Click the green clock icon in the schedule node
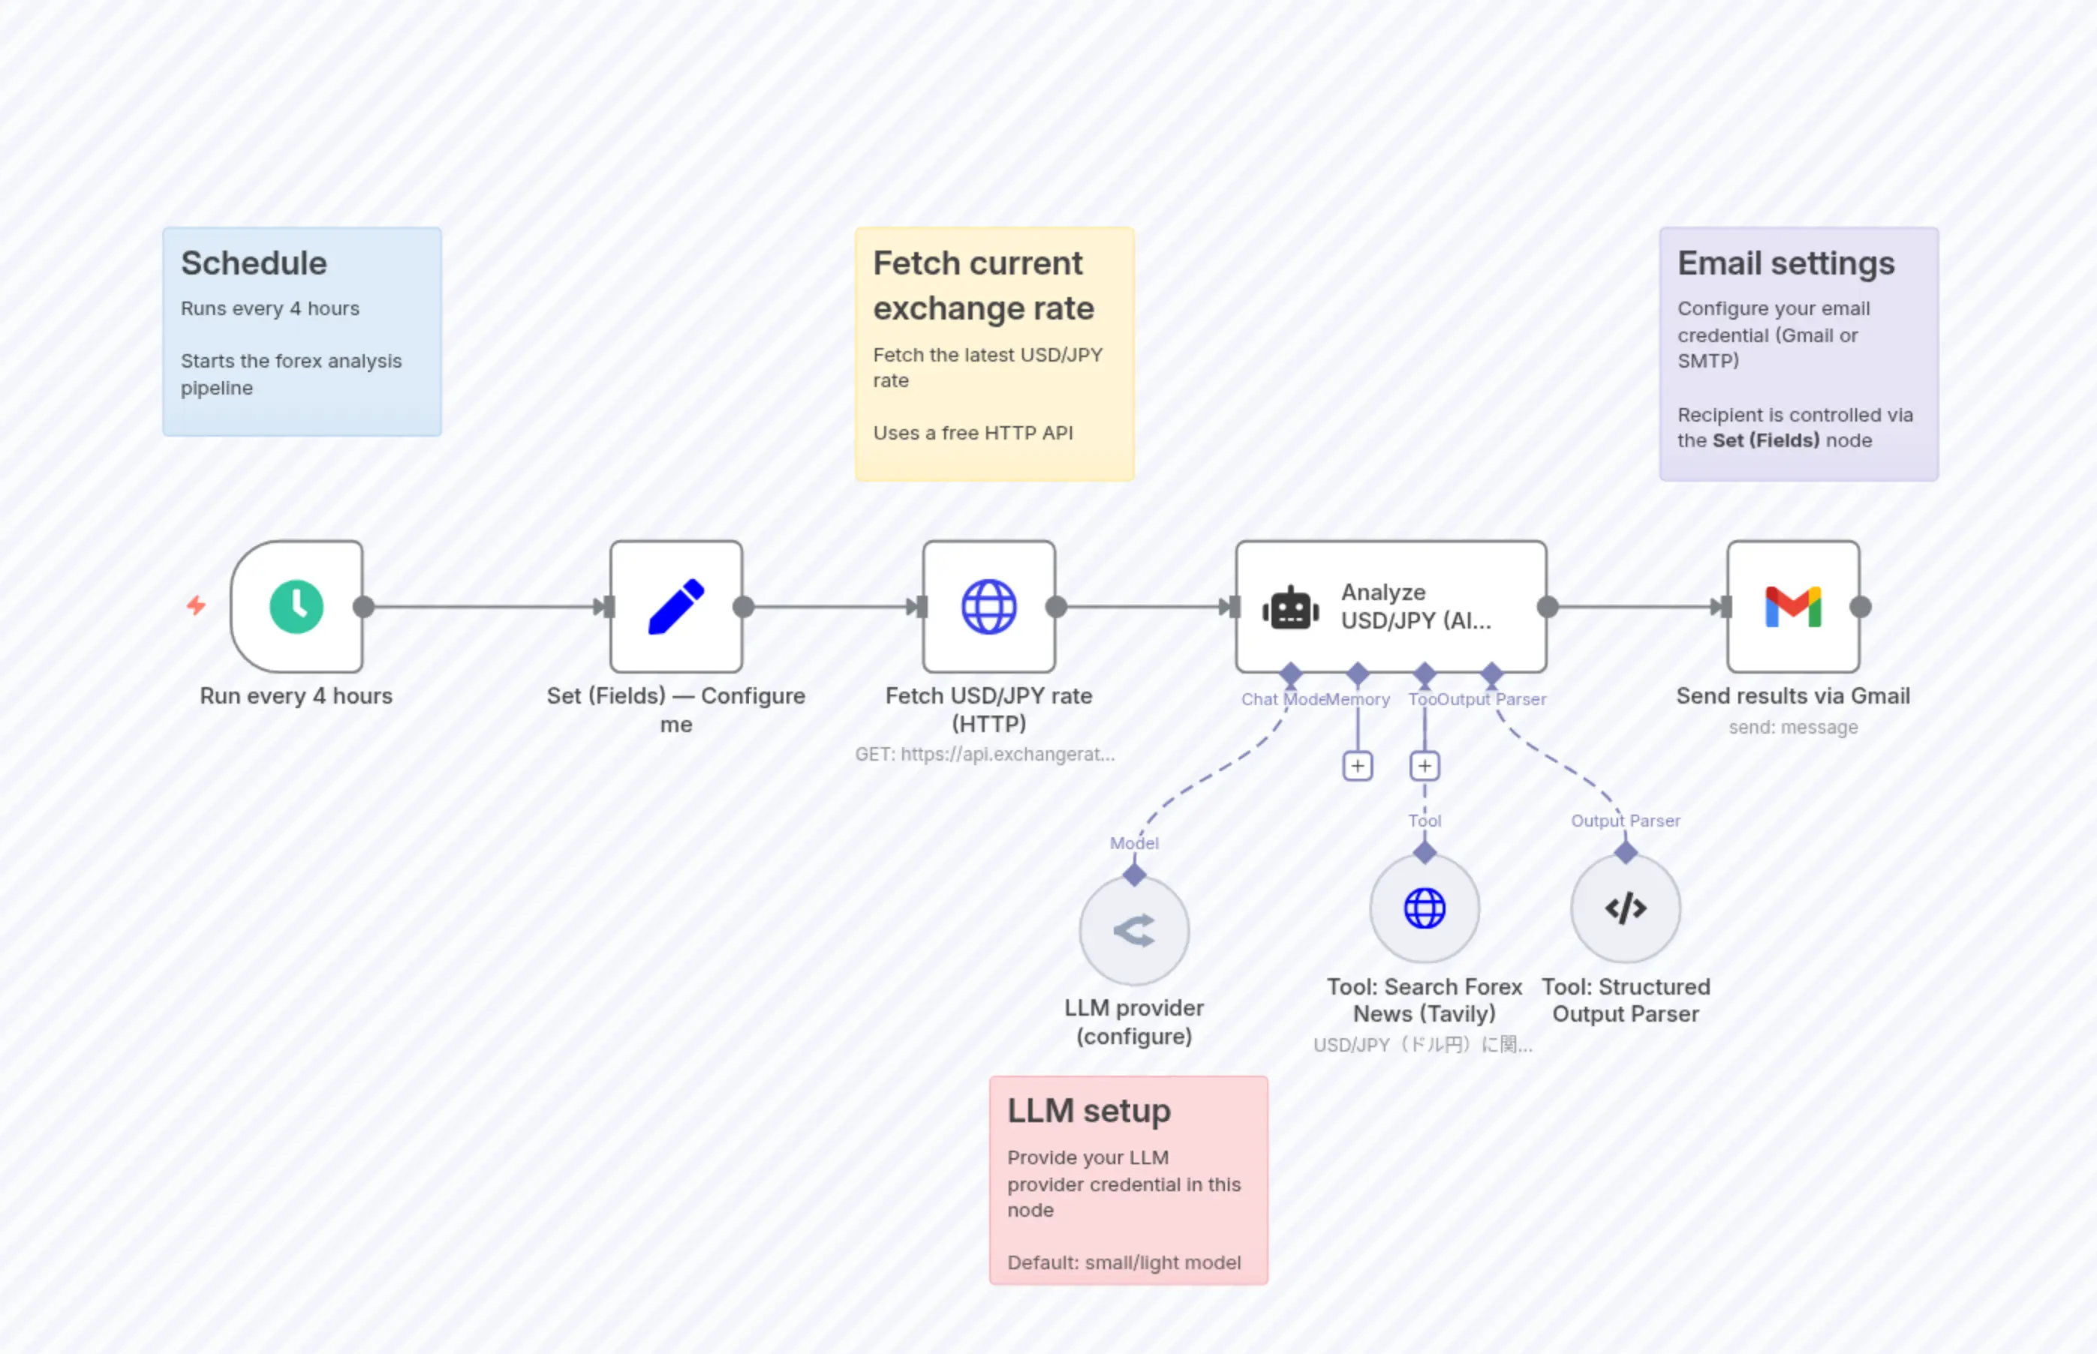click(296, 607)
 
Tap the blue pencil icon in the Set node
click(675, 607)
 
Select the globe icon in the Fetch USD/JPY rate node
click(988, 607)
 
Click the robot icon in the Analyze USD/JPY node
click(1290, 608)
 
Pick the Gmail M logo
click(1792, 607)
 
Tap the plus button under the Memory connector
click(1357, 766)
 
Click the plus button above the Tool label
click(1424, 766)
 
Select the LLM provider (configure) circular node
click(1134, 930)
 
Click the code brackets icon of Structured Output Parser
click(1625, 908)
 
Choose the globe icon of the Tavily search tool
click(1424, 908)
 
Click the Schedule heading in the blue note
click(254, 263)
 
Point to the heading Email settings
click(1786, 263)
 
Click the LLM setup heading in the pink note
click(1088, 1110)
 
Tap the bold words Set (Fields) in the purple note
click(1765, 440)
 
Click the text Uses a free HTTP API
click(972, 433)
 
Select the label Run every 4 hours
click(296, 695)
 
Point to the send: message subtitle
click(1792, 727)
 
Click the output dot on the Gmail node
click(1860, 607)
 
